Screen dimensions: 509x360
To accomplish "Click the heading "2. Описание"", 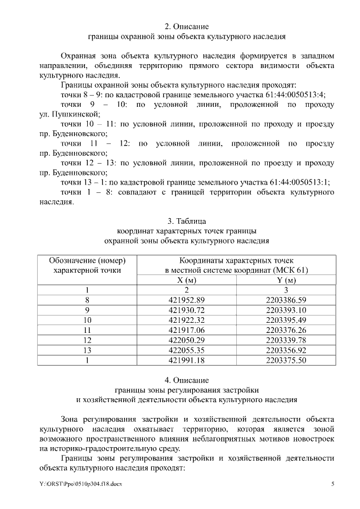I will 187,26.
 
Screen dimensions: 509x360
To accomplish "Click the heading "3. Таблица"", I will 187,220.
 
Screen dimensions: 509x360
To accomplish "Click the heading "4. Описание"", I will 187,380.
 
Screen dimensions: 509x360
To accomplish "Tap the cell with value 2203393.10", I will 286,310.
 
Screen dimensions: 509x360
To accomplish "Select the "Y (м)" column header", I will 286,280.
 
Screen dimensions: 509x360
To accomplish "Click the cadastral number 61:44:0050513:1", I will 295,182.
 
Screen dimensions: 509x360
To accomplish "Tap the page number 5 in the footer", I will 332,484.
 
